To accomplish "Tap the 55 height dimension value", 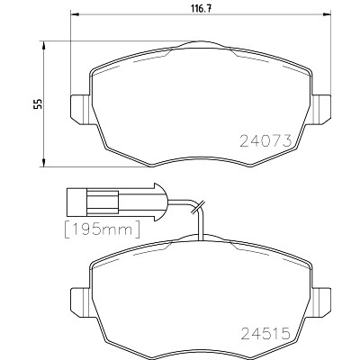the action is coord(38,103).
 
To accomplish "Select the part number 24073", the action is coord(265,140).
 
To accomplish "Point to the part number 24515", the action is coord(265,333).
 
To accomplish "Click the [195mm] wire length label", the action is coord(103,229).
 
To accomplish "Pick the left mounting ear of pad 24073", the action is coord(80,109).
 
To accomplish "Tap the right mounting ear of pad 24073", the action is coord(321,109).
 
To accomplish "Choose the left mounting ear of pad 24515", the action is coord(80,301).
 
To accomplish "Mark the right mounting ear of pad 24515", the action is coord(321,301).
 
